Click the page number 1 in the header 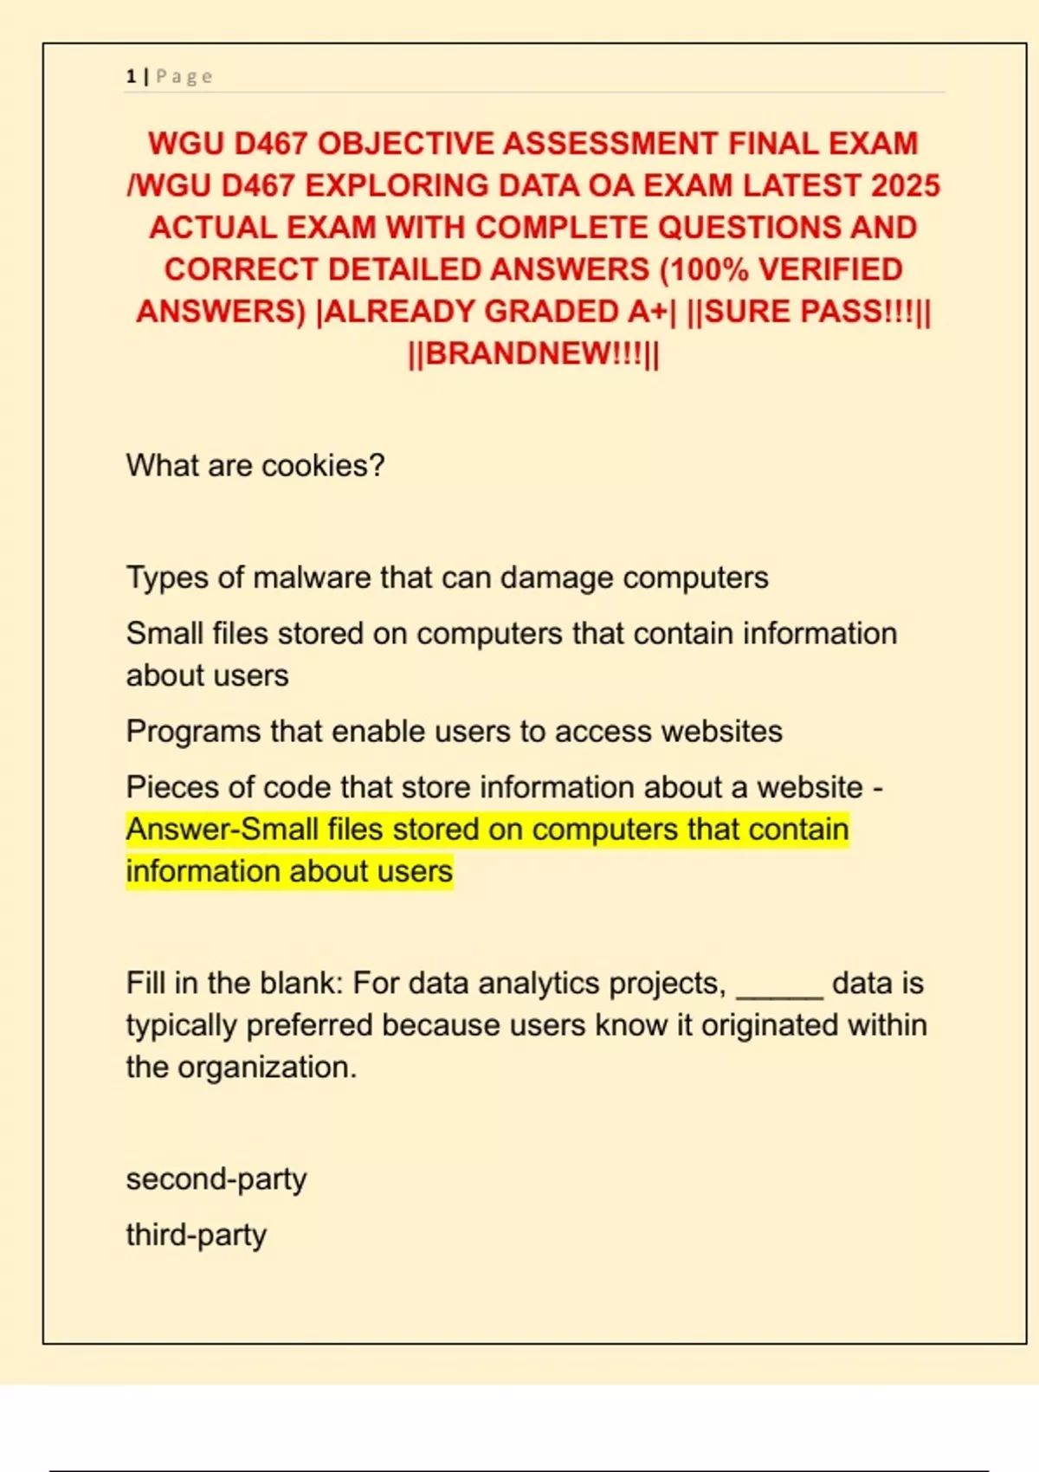(x=131, y=76)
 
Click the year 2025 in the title (x=905, y=185)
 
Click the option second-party (x=216, y=1179)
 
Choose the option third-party (x=197, y=1235)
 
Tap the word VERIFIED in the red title (x=830, y=269)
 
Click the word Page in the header (x=184, y=76)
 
